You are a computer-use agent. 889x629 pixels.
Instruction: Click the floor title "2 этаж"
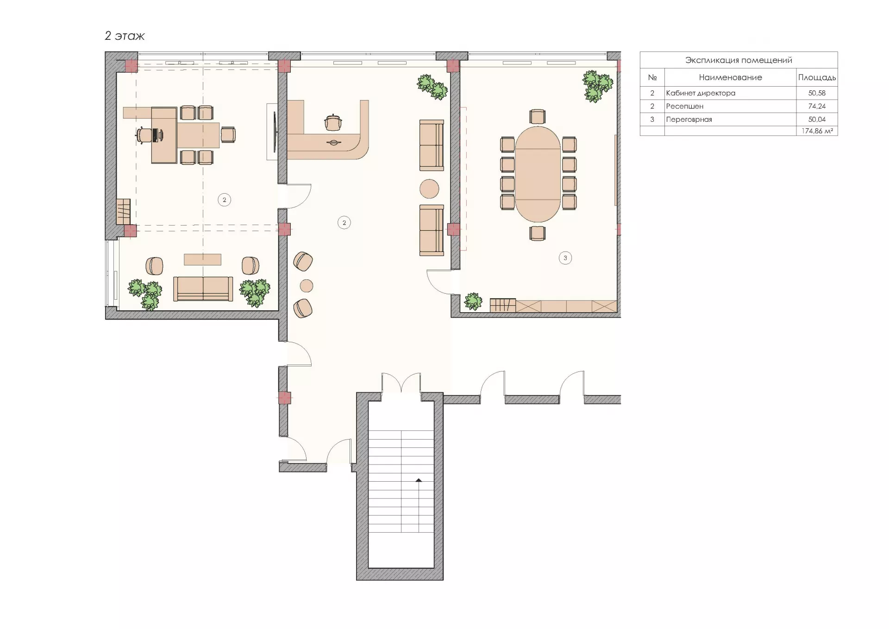click(x=125, y=36)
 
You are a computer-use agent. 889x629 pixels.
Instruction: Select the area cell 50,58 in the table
click(x=817, y=93)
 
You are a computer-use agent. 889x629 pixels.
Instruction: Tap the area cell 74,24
click(x=817, y=106)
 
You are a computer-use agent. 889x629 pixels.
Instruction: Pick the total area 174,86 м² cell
click(x=817, y=131)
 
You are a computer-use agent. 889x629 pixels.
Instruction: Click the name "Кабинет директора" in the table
click(x=701, y=93)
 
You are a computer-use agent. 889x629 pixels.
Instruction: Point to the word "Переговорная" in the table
click(x=689, y=120)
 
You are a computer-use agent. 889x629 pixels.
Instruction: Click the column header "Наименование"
click(x=730, y=77)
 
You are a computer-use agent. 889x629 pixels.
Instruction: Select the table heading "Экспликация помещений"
click(x=739, y=60)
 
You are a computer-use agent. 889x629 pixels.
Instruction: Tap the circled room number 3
click(x=565, y=258)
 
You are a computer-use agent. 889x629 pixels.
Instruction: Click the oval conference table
click(x=538, y=174)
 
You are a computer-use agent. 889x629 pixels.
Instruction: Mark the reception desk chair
click(x=333, y=122)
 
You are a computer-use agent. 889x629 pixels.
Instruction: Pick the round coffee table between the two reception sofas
click(x=429, y=189)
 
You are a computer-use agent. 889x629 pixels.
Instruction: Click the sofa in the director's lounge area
click(x=203, y=289)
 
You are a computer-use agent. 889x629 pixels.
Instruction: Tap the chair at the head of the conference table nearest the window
click(x=537, y=117)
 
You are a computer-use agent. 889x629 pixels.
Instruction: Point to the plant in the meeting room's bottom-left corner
click(x=473, y=302)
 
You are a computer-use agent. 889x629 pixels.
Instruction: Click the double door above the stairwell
click(x=401, y=383)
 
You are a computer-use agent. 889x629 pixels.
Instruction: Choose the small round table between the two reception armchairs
click(x=306, y=286)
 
